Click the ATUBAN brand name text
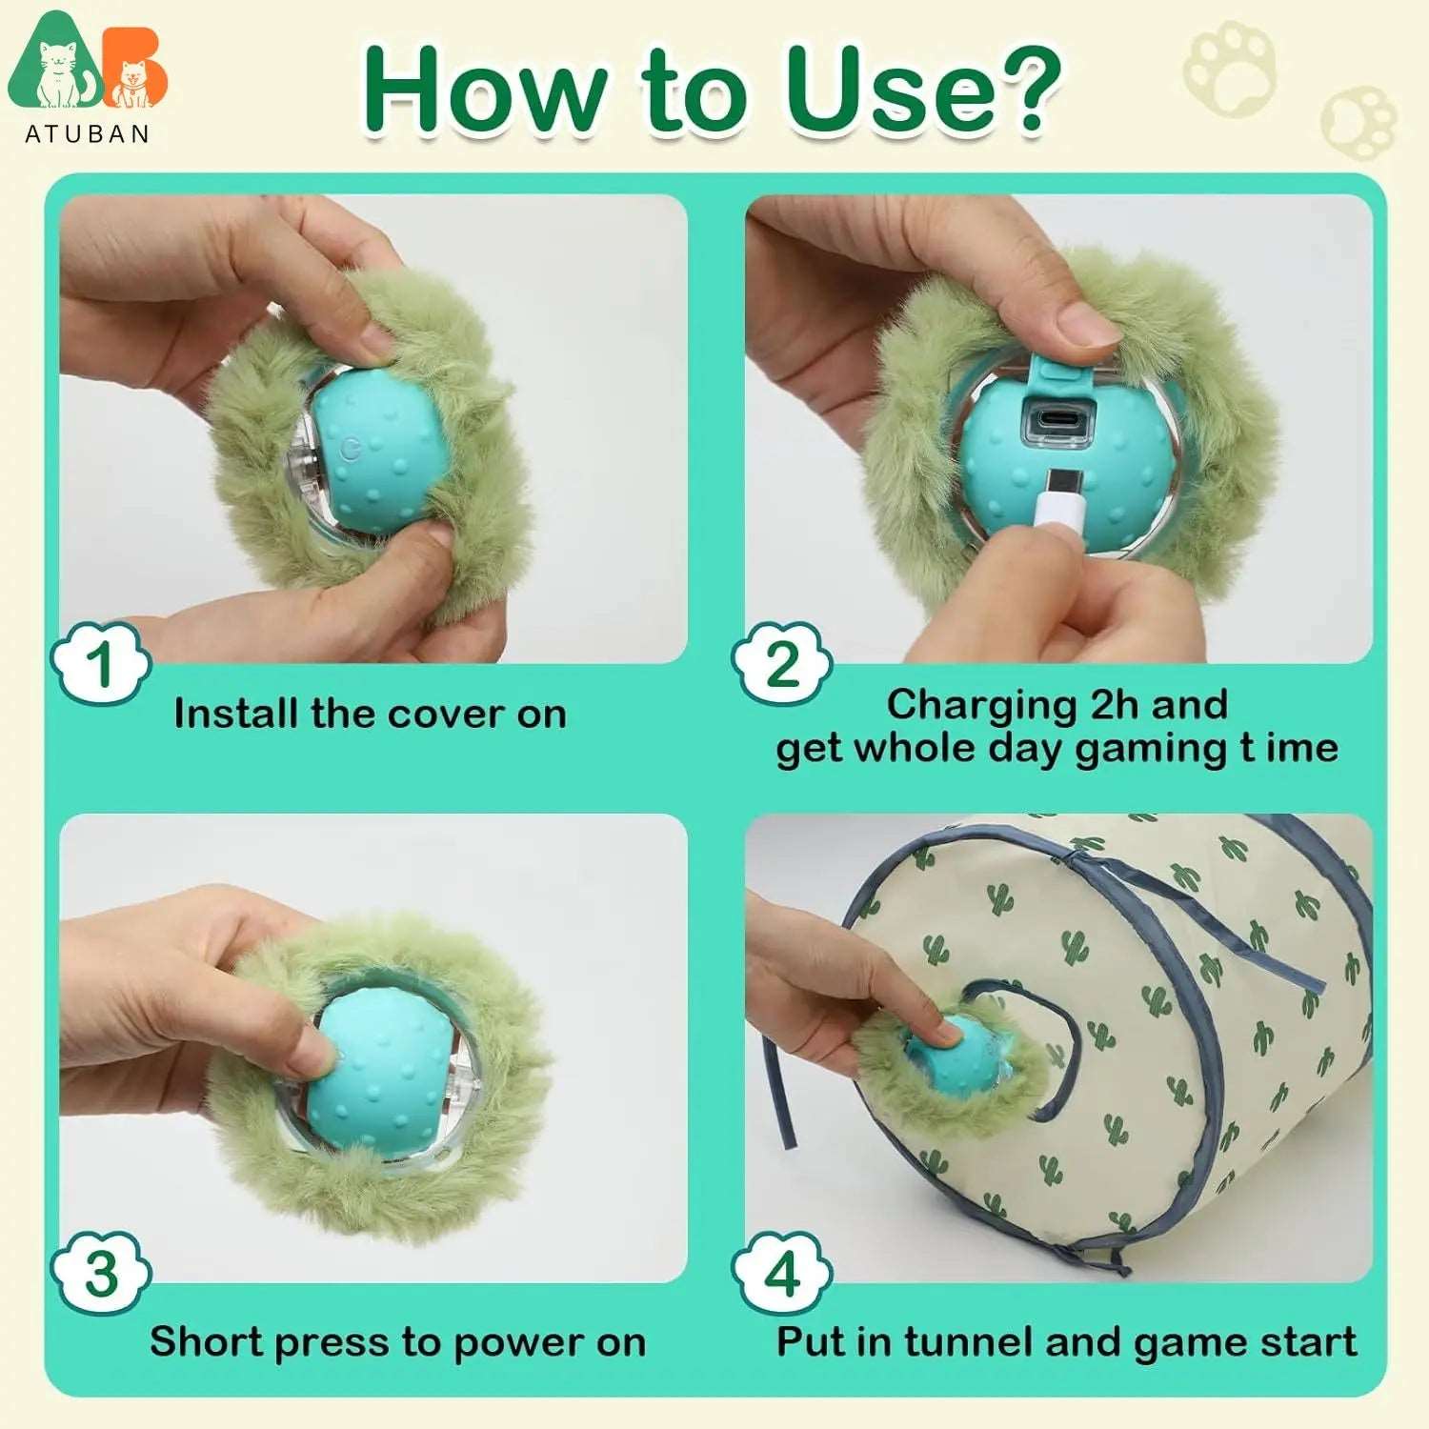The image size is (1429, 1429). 87,133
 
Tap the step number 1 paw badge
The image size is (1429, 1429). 101,663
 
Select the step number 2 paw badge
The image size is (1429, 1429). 782,663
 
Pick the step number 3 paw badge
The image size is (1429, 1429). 101,1273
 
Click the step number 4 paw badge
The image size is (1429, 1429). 782,1273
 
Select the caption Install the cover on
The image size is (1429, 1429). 370,714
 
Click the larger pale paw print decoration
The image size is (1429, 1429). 1229,69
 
